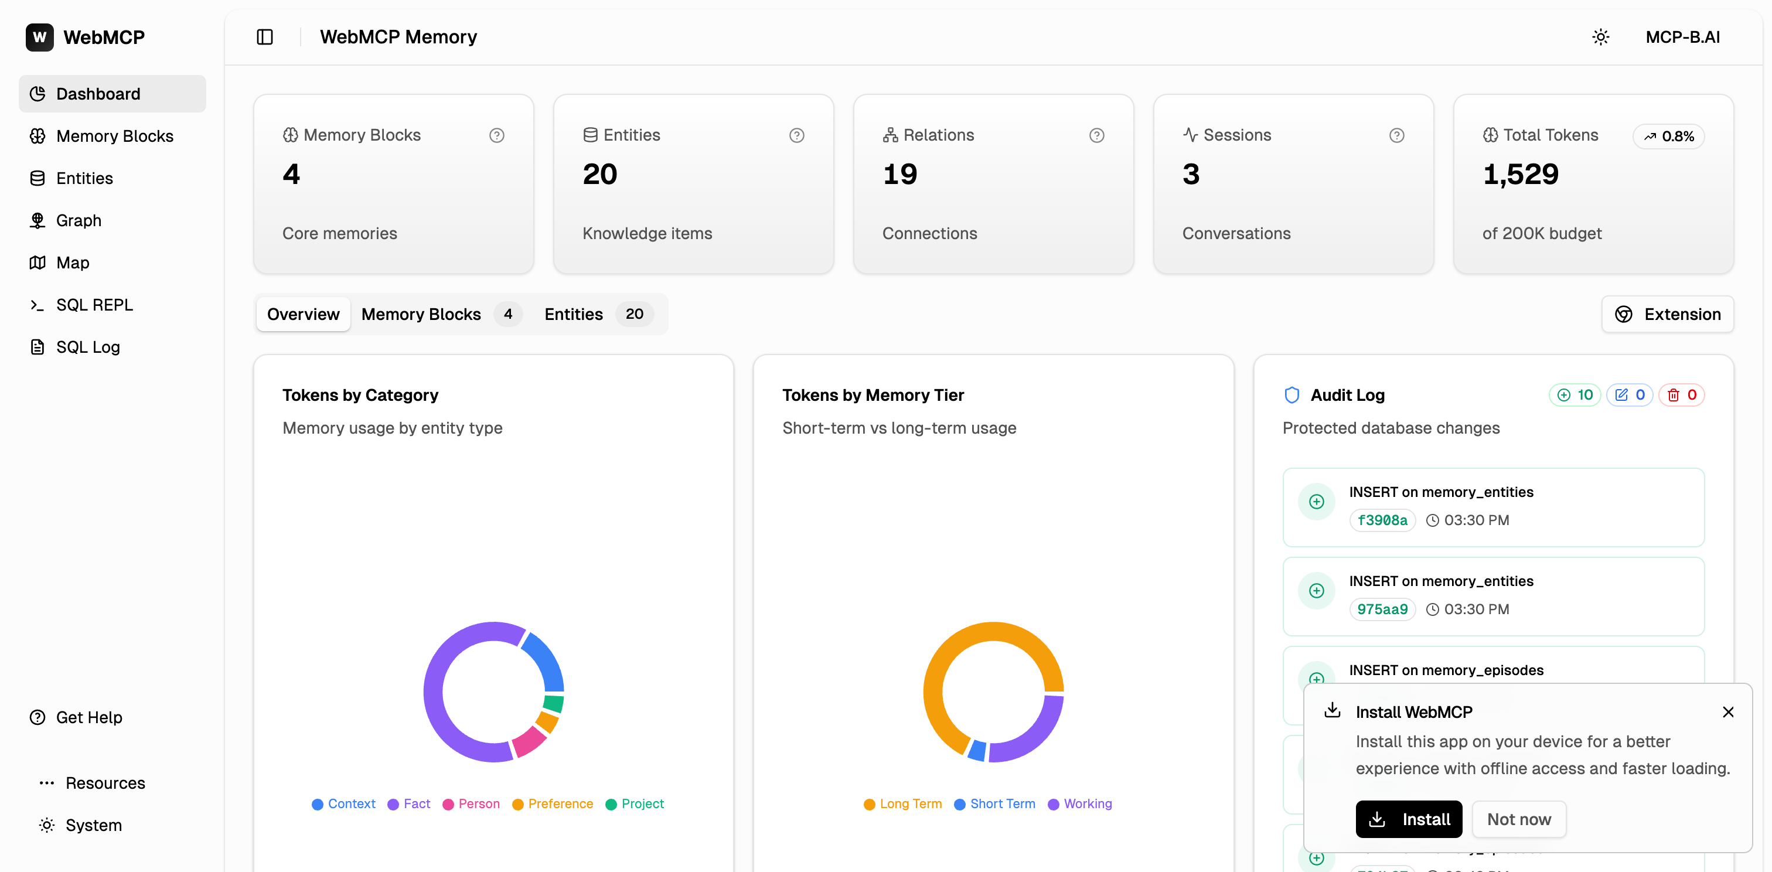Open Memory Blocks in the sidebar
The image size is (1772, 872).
(x=114, y=136)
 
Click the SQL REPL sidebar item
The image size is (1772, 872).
(x=94, y=305)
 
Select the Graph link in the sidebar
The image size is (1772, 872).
(x=79, y=220)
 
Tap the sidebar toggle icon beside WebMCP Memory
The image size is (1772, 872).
(x=265, y=37)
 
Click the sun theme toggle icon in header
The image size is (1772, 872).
(x=1601, y=37)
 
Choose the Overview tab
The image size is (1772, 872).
(x=303, y=314)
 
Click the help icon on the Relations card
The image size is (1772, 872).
(x=1096, y=135)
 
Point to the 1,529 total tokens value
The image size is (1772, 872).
(x=1520, y=174)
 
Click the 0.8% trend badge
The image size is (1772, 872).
(x=1669, y=136)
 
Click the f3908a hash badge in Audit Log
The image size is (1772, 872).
(x=1382, y=520)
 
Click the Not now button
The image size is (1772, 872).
(x=1519, y=819)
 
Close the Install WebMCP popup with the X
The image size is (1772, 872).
(x=1728, y=712)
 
